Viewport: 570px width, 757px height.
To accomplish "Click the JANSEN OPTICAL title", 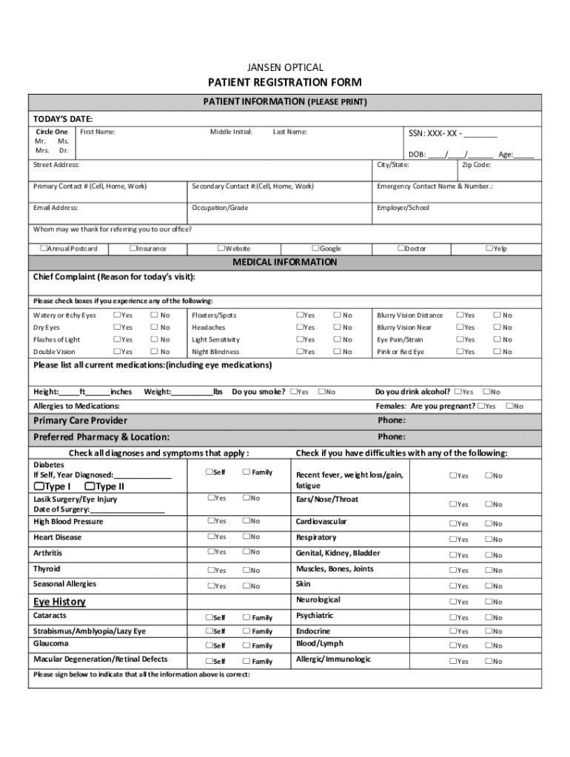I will coord(285,68).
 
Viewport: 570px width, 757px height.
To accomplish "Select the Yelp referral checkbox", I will coord(489,248).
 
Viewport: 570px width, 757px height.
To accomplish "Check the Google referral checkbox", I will coord(315,248).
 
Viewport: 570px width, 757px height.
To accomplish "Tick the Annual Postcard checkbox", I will coord(43,248).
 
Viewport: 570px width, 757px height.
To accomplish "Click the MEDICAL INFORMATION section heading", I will coord(285,262).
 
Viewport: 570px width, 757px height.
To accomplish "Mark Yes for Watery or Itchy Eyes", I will coord(116,315).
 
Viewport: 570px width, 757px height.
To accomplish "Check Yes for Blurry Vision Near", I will coord(460,327).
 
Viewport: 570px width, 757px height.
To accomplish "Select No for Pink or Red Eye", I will coord(497,352).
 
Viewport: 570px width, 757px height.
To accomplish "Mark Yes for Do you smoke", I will coord(295,391).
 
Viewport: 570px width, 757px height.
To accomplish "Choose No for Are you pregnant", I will coord(509,406).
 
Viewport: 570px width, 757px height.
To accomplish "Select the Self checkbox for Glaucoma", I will coord(209,645).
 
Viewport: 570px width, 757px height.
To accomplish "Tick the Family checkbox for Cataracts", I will coord(247,617).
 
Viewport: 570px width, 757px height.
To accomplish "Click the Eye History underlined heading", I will coord(59,602).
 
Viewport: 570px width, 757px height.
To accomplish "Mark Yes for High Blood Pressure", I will coord(210,521).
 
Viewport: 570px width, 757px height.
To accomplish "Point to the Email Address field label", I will coord(56,208).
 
